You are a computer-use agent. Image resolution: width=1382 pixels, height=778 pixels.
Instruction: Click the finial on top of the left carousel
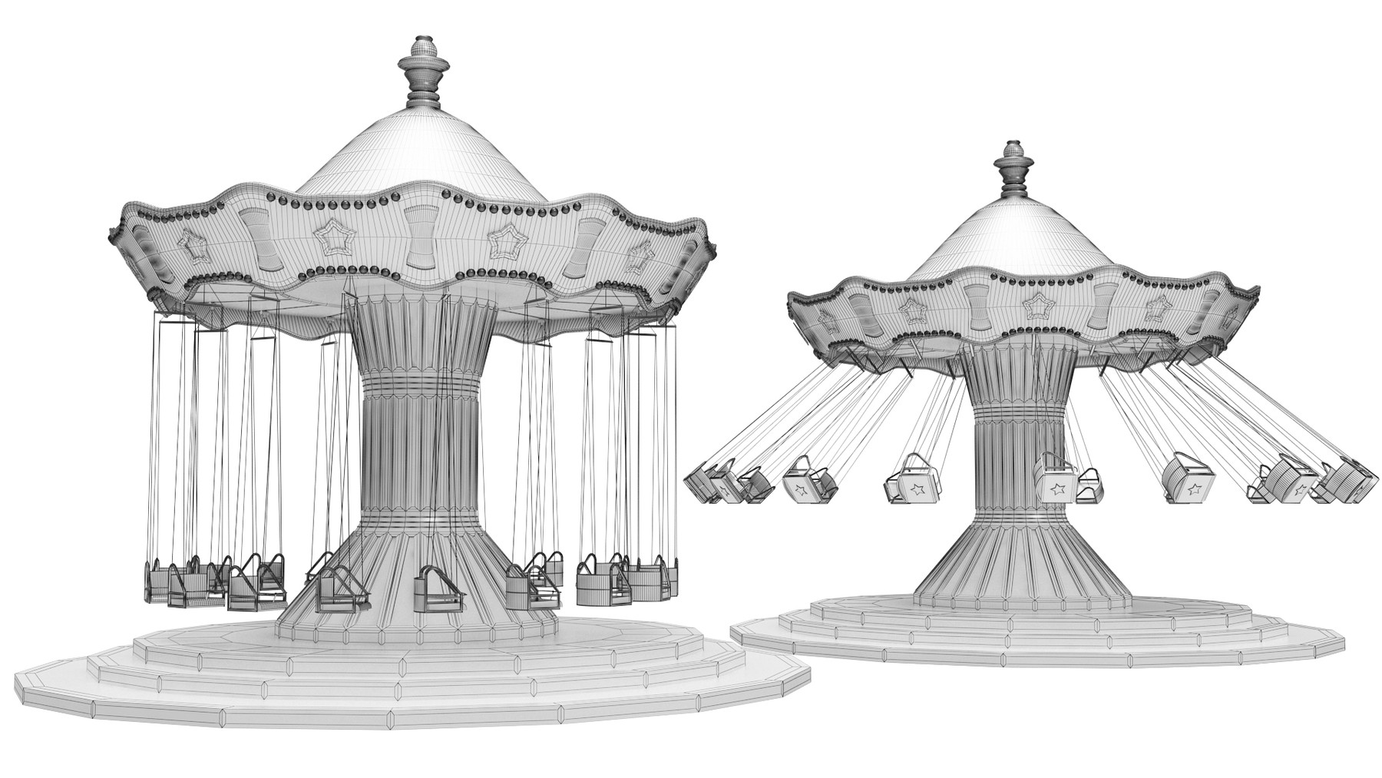421,73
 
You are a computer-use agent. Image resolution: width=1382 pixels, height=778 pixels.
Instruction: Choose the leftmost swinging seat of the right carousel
700,482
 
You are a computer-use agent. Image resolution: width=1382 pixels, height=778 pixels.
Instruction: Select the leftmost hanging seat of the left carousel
158,582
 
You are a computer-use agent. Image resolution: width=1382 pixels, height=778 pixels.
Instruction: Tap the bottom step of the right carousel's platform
1036,651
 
